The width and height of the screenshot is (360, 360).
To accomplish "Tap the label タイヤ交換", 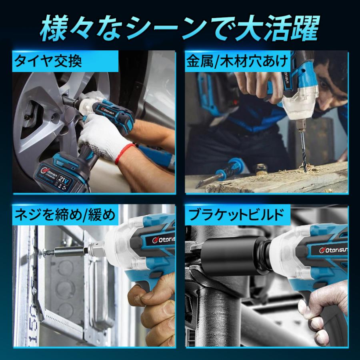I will (48, 62).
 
